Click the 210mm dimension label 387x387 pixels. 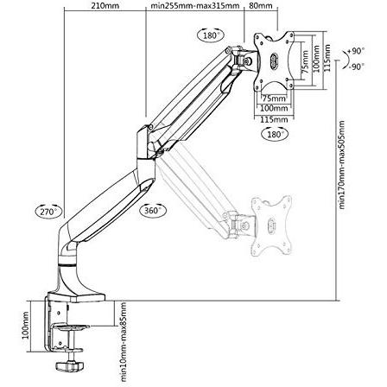tap(103, 6)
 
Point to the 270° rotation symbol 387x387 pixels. tap(47, 211)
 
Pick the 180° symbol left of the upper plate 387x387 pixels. tap(209, 35)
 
